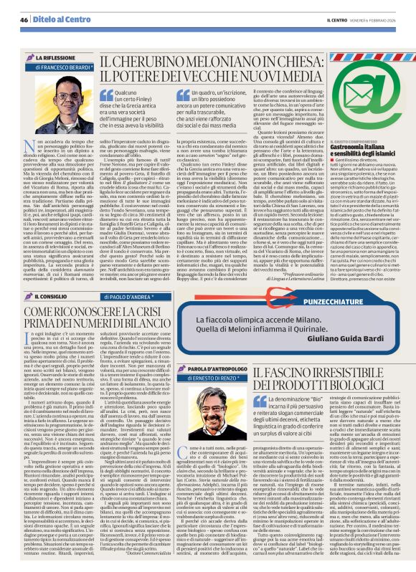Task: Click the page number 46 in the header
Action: click(x=22, y=20)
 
